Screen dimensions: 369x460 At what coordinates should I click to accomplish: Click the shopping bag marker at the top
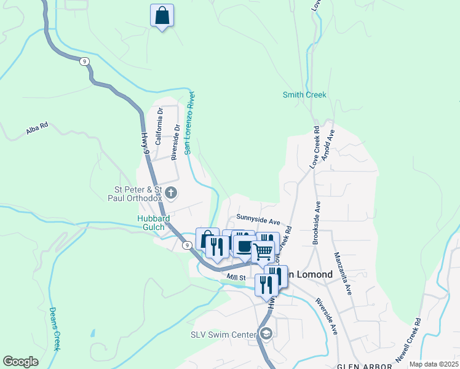pyautogui.click(x=162, y=15)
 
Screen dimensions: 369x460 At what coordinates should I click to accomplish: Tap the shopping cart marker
pyautogui.click(x=263, y=251)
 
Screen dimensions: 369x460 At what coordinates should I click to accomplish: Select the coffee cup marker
pyautogui.click(x=244, y=246)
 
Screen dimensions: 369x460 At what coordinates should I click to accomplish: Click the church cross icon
pyautogui.click(x=172, y=194)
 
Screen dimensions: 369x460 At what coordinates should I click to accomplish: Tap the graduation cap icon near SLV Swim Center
pyautogui.click(x=266, y=334)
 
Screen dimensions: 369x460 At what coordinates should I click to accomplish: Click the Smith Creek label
pyautogui.click(x=304, y=95)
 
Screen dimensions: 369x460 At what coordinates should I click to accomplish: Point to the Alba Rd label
pyautogui.click(x=37, y=130)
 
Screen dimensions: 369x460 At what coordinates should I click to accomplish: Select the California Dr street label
pyautogui.click(x=159, y=126)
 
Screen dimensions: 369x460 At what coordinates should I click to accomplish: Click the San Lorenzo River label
pyautogui.click(x=190, y=122)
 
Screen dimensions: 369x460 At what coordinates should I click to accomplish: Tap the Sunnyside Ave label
pyautogui.click(x=258, y=220)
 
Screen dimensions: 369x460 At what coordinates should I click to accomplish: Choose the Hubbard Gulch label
pyautogui.click(x=153, y=223)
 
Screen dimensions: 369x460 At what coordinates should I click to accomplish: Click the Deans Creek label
pyautogui.click(x=55, y=328)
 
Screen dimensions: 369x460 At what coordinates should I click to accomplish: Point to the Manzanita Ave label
pyautogui.click(x=343, y=273)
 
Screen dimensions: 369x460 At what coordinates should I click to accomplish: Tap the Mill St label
pyautogui.click(x=236, y=277)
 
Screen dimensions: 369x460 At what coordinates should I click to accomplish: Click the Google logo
pyautogui.click(x=21, y=362)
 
